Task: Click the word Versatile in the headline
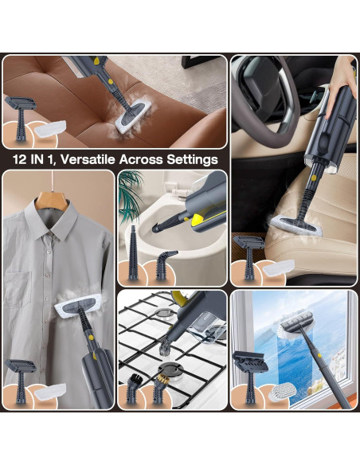[x=88, y=159]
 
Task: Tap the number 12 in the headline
[x=20, y=159]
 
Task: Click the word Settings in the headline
[x=192, y=160]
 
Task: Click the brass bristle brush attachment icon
[x=161, y=389]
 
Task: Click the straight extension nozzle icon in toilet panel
[x=133, y=252]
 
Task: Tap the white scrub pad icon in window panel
[x=282, y=392]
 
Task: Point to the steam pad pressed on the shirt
[x=76, y=306]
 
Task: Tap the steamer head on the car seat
[x=296, y=226]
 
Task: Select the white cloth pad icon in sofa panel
[x=50, y=128]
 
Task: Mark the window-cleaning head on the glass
[x=296, y=325]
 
